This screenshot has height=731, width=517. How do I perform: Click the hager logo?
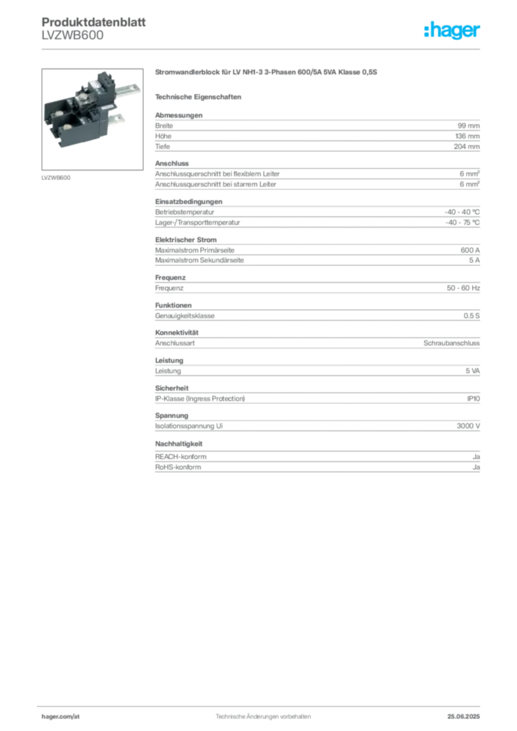pyautogui.click(x=452, y=30)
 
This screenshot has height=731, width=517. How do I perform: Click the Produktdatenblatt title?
pyautogui.click(x=94, y=22)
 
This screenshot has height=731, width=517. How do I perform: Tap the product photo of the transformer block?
pyautogui.click(x=92, y=119)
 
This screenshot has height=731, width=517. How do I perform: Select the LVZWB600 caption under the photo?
pyautogui.click(x=56, y=178)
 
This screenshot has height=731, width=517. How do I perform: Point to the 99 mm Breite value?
pyautogui.click(x=468, y=126)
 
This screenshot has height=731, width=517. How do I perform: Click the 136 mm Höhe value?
pyautogui.click(x=467, y=136)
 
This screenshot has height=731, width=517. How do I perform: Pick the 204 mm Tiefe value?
pyautogui.click(x=466, y=146)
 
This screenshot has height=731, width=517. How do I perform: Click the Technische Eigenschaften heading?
pyautogui.click(x=198, y=97)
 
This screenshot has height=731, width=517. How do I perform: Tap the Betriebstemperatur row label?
pyautogui.click(x=185, y=212)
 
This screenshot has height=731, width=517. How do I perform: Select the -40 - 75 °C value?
pyautogui.click(x=463, y=223)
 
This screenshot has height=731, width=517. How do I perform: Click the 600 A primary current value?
pyautogui.click(x=470, y=251)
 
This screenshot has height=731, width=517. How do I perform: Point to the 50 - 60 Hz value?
pyautogui.click(x=463, y=288)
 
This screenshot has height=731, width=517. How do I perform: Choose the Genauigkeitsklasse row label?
pyautogui.click(x=185, y=316)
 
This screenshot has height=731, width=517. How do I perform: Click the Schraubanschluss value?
pyautogui.click(x=451, y=343)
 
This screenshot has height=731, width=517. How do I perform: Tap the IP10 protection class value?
pyautogui.click(x=473, y=398)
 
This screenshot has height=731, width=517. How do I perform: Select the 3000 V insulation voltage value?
pyautogui.click(x=468, y=426)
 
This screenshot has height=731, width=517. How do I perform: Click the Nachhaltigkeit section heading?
pyautogui.click(x=179, y=444)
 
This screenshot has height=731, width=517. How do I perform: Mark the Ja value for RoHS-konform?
pyautogui.click(x=476, y=467)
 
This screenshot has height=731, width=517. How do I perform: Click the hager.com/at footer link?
pyautogui.click(x=61, y=717)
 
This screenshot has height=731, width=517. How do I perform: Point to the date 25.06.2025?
pyautogui.click(x=463, y=717)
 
